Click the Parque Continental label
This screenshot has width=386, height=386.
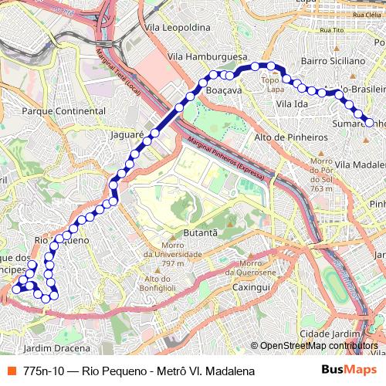(64, 111)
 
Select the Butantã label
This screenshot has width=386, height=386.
(200, 232)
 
